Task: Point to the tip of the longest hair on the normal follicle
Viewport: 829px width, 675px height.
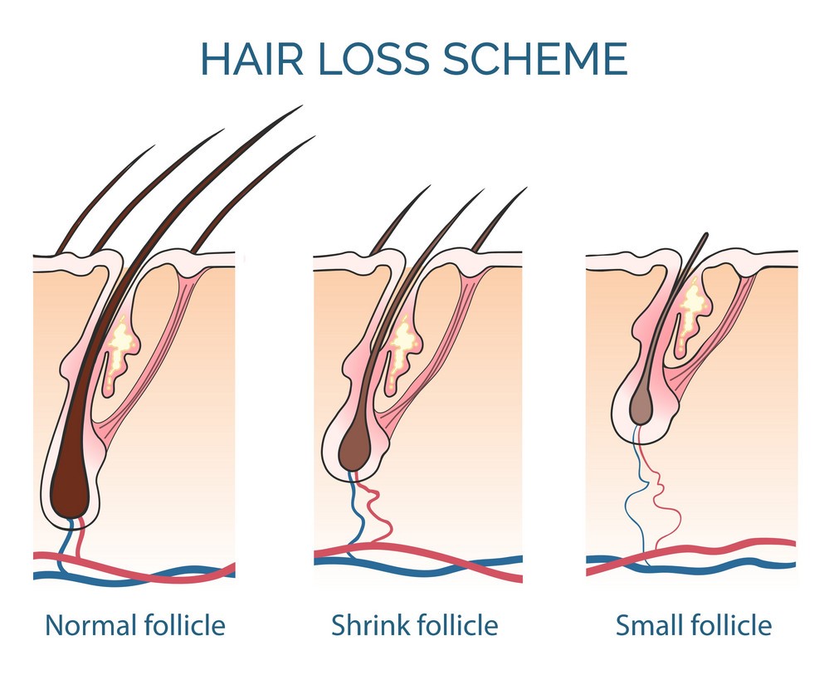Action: pyautogui.click(x=300, y=107)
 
